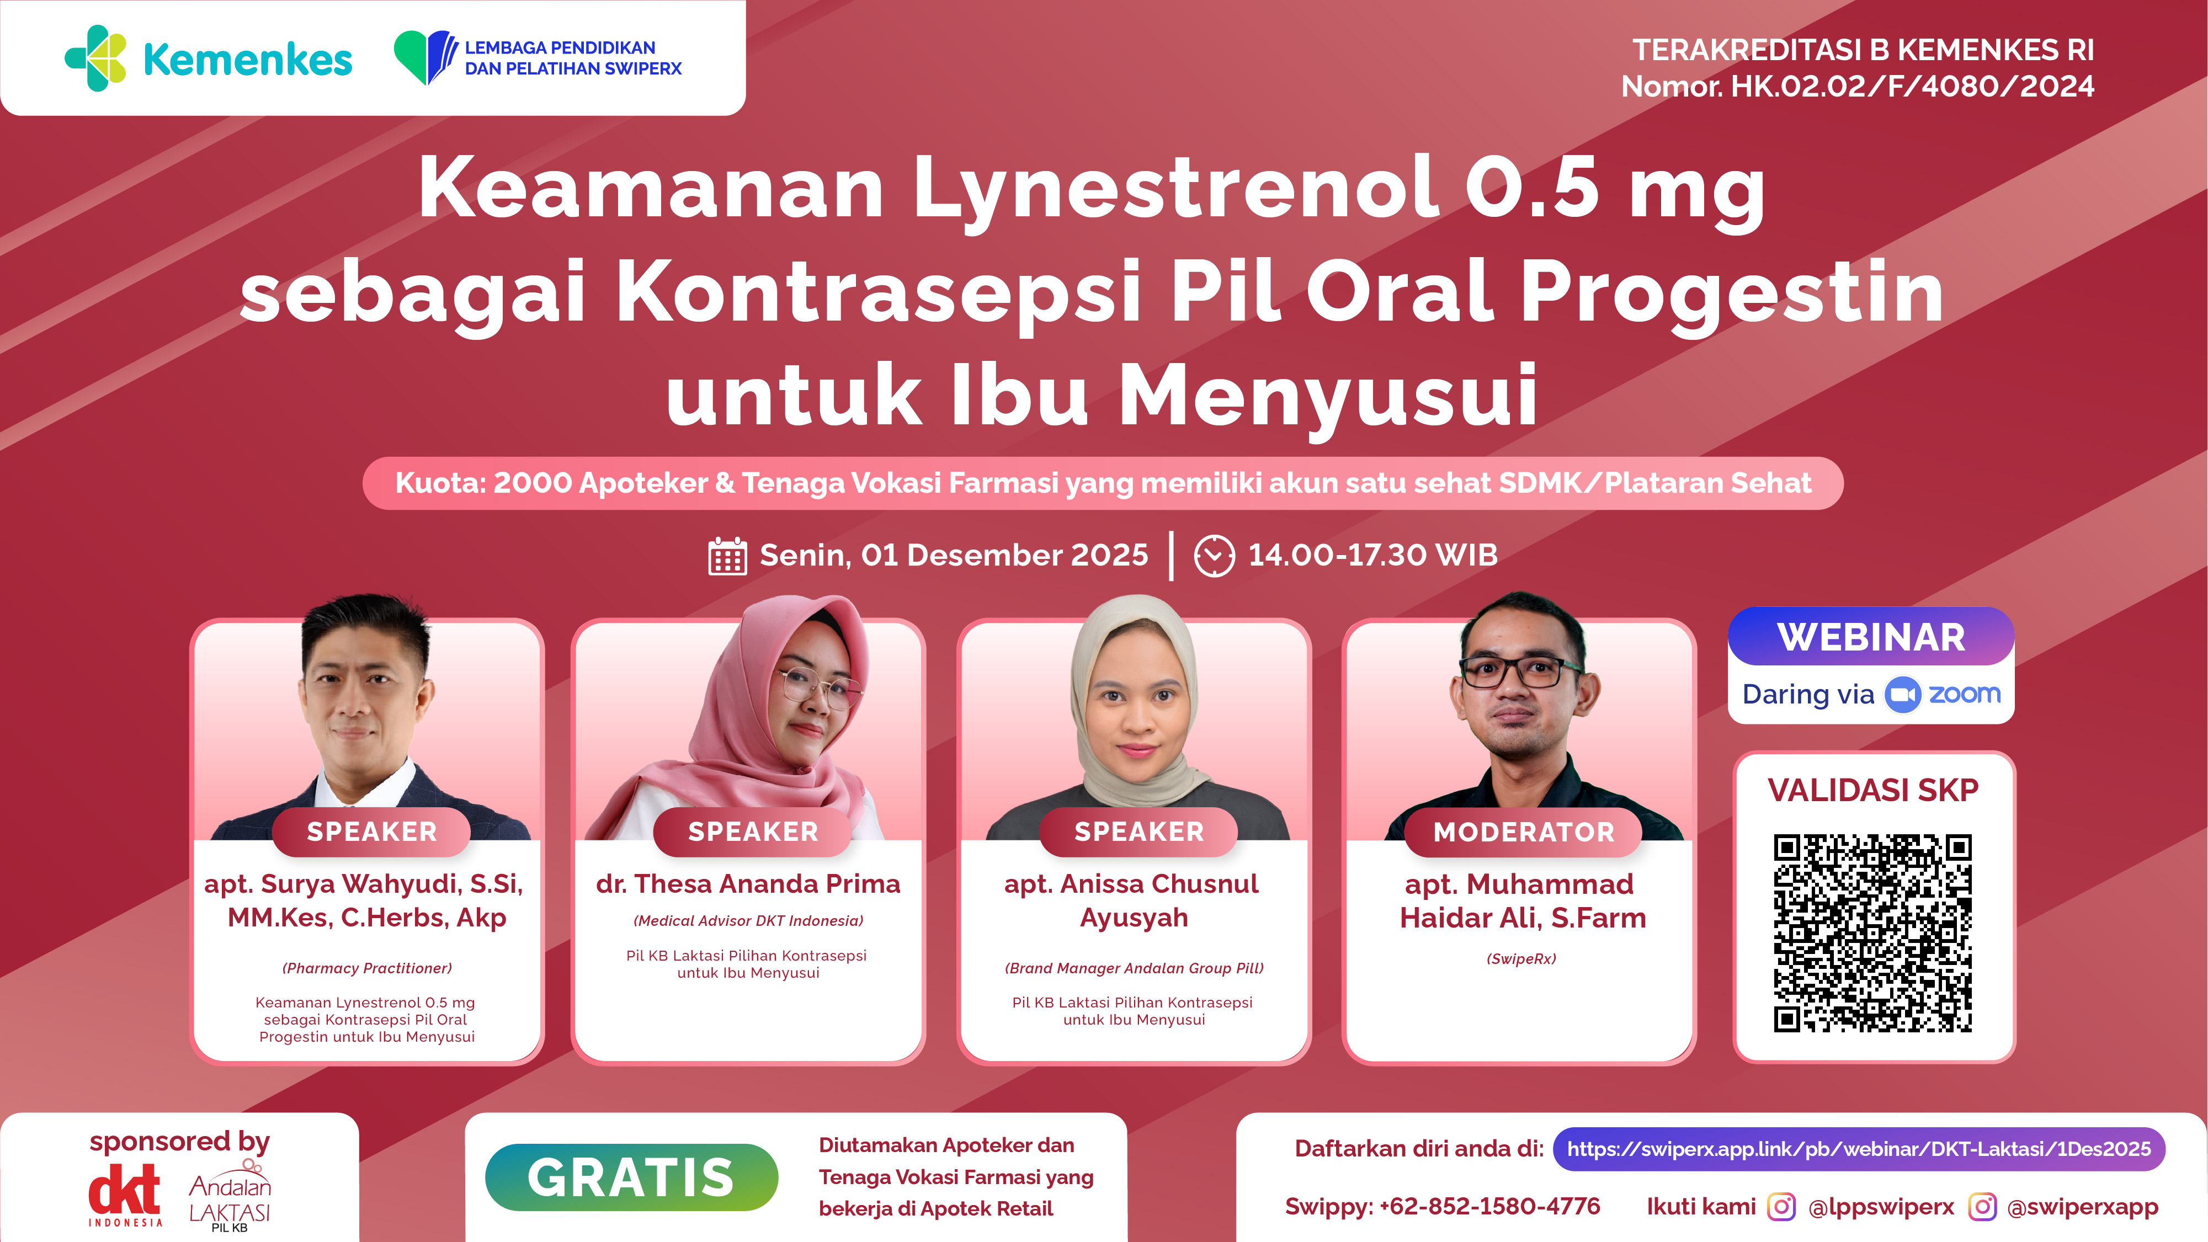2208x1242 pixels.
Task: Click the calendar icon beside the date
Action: pos(727,556)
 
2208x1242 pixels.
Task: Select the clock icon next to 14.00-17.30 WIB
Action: pos(1214,556)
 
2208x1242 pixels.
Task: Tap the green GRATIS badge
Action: pos(631,1177)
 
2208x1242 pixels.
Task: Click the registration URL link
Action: pos(1858,1149)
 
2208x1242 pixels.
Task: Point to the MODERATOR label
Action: pos(1523,831)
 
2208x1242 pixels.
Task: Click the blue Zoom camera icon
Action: pos(1902,694)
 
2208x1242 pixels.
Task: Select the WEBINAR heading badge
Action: pos(1871,637)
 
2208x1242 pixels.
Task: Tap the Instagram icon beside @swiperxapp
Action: pos(1982,1207)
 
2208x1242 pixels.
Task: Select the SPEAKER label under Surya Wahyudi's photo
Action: pos(371,831)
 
